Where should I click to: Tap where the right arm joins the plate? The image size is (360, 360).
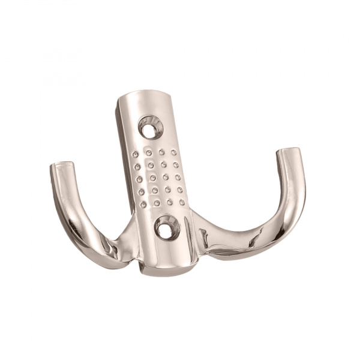pyautogui.click(x=198, y=231)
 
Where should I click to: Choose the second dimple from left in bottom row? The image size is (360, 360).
pyautogui.click(x=156, y=203)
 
